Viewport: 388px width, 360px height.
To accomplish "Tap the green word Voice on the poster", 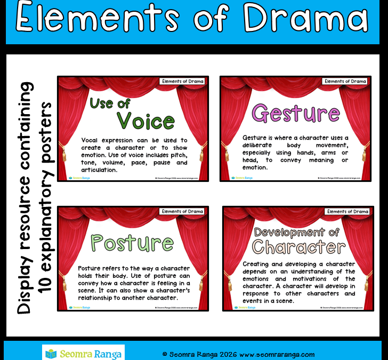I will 145,121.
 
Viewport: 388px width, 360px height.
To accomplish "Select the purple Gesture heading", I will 295,113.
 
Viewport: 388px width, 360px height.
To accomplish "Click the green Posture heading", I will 131,243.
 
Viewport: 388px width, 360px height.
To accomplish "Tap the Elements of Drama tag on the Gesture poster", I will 345,82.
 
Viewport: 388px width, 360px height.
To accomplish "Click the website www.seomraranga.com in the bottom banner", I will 277,354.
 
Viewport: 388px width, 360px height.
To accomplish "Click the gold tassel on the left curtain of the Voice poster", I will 65,155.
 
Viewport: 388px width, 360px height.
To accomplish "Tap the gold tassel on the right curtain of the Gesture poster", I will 366,155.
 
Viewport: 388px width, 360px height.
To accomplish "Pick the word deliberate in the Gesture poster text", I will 262,145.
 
